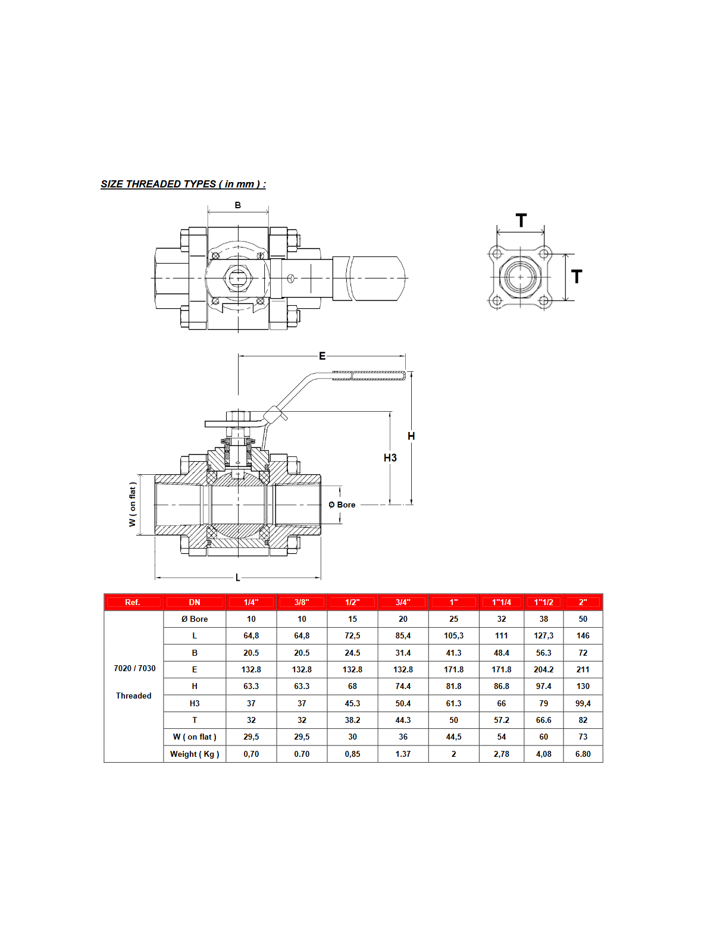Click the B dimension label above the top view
point(238,205)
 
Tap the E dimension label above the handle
point(322,356)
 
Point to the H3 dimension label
point(390,458)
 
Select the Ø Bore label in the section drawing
point(342,505)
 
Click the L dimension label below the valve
point(238,578)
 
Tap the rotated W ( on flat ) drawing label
point(133,505)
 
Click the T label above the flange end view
point(521,221)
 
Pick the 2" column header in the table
point(583,602)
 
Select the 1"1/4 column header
point(502,602)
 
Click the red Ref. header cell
point(133,602)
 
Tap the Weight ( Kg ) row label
point(195,754)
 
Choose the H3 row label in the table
point(195,703)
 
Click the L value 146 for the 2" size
point(583,635)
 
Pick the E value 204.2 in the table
point(544,669)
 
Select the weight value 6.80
point(583,754)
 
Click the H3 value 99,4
point(583,703)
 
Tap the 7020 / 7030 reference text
point(134,668)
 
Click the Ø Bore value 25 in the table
point(454,619)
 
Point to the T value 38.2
point(353,720)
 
